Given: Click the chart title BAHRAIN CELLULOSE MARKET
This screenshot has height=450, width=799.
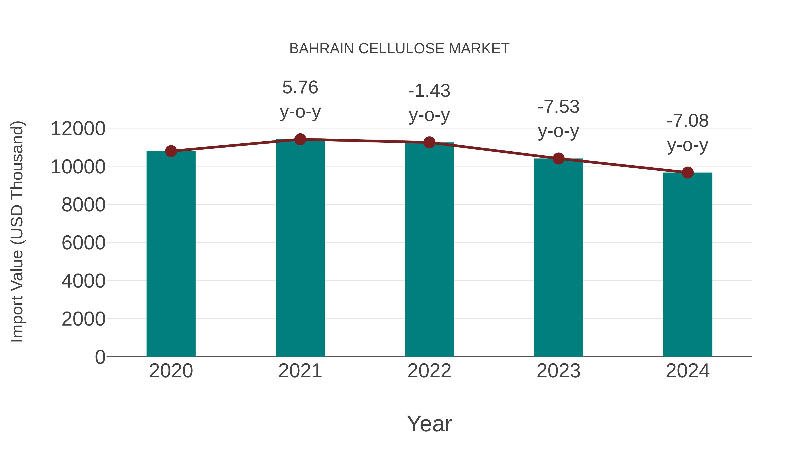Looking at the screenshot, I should [x=399, y=49].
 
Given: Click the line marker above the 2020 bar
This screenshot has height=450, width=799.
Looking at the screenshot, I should [x=171, y=151].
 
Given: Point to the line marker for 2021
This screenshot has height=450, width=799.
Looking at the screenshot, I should [x=300, y=139].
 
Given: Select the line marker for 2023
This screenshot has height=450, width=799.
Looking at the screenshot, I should [x=558, y=159].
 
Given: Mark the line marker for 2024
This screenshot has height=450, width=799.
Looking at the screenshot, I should [x=687, y=173].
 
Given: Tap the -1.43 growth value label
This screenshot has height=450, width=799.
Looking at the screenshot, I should [x=429, y=91].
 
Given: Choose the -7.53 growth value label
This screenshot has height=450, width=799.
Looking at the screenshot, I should [x=558, y=107].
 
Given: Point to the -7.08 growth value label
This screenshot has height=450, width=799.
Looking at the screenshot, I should [x=687, y=121].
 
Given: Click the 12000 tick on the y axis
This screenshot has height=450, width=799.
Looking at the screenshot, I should [x=78, y=129].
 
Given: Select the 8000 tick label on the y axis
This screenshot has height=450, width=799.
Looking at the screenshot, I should [x=83, y=205].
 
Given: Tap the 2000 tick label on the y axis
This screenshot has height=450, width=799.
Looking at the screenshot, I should [x=83, y=319].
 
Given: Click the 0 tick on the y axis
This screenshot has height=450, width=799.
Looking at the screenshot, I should [x=100, y=357].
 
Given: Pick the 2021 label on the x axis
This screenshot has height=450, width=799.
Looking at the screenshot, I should [x=300, y=371].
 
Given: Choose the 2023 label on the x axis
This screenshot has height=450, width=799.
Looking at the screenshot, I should [x=558, y=371].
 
